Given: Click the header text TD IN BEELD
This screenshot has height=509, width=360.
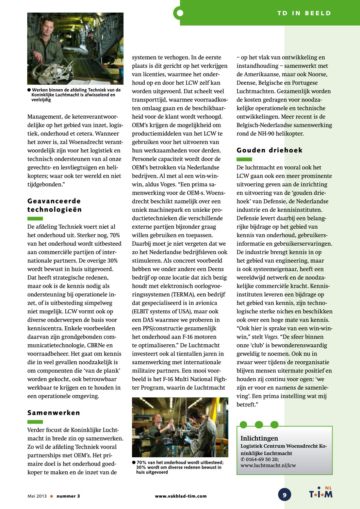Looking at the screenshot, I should pyautogui.click(x=304, y=13).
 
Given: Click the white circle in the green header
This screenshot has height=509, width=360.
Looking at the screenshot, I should pyautogui.click(x=180, y=13).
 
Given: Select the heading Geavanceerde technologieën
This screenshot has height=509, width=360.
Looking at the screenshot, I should pyautogui.click(x=54, y=205).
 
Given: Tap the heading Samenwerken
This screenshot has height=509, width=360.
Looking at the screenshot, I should pyautogui.click(x=54, y=413).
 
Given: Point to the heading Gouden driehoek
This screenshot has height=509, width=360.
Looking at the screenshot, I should pyautogui.click(x=269, y=150).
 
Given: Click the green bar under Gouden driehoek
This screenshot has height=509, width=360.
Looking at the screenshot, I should pyautogui.click(x=244, y=159).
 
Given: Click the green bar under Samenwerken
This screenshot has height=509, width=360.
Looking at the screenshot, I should pyautogui.click(x=35, y=422).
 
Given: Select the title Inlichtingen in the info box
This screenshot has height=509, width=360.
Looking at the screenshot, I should pyautogui.click(x=259, y=438).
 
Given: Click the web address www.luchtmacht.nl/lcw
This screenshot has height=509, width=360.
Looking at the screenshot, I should pyautogui.click(x=268, y=465).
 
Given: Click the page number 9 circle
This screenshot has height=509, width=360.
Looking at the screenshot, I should pyautogui.click(x=284, y=495).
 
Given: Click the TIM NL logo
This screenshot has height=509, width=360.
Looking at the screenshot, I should pyautogui.click(x=321, y=493).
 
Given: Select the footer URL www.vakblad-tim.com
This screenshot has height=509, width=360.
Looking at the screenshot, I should pyautogui.click(x=181, y=496).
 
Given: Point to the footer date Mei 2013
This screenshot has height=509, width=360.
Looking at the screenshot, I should pyautogui.click(x=37, y=496).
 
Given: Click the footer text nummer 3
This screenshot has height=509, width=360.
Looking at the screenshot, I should pyautogui.click(x=68, y=496).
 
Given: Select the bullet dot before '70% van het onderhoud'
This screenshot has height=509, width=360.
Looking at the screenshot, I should pyautogui.click(x=134, y=462).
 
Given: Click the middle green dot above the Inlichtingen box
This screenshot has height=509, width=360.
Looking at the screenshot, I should pyautogui.click(x=259, y=425).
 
